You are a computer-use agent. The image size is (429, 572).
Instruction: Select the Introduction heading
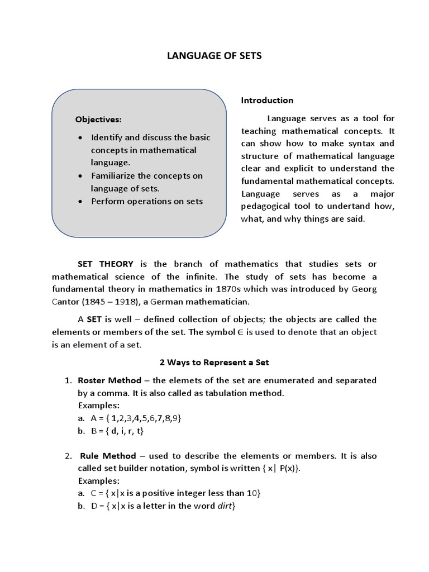point(267,101)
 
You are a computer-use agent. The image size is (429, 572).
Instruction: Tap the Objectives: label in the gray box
point(98,120)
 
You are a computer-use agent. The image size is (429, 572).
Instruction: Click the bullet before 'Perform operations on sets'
point(82,202)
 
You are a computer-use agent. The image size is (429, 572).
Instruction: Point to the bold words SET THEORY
point(105,264)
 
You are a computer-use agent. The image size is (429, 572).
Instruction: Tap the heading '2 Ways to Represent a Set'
point(214,363)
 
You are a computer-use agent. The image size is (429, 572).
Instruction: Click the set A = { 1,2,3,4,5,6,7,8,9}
point(136,418)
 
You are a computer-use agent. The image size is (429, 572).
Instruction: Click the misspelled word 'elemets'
point(189,380)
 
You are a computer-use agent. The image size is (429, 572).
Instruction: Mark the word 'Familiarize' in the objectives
point(116,176)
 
